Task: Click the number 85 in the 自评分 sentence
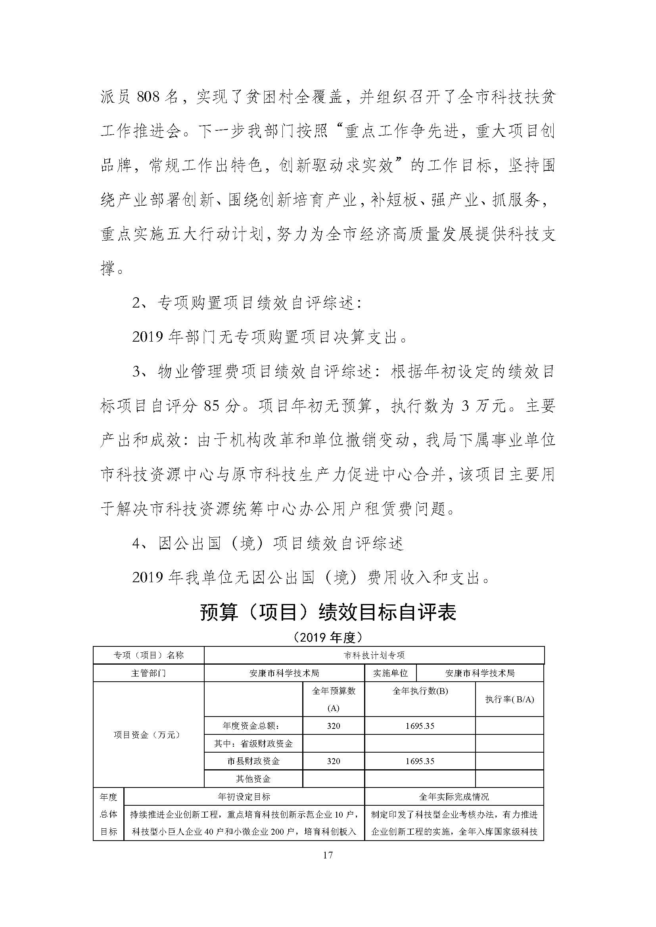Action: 212,406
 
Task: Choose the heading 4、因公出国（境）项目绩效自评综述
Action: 268,544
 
